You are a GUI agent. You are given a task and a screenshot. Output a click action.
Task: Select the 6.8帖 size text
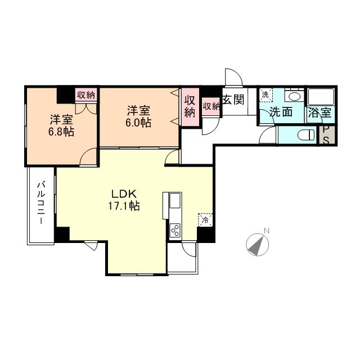point(61,133)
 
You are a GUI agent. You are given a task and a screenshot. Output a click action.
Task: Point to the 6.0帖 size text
point(138,123)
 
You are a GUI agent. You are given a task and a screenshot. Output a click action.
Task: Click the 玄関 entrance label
point(232,100)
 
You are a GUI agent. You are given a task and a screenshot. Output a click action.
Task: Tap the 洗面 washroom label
point(281,112)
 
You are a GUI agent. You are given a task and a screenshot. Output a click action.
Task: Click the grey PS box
point(326,136)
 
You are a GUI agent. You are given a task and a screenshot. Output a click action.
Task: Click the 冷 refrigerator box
point(204,220)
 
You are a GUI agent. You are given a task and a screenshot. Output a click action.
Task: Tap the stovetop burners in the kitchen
point(175,229)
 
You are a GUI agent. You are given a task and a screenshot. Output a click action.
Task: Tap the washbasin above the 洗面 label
point(292,96)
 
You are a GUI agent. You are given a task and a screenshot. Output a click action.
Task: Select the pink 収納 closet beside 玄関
point(211,105)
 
